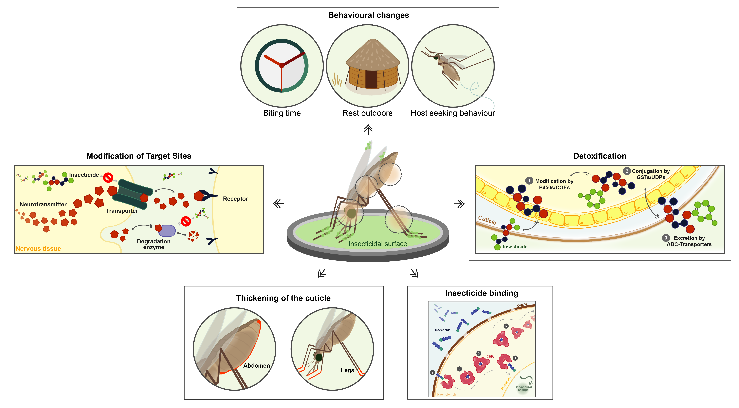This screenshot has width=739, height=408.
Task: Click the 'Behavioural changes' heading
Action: tap(368, 15)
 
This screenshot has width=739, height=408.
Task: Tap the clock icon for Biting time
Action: tap(282, 66)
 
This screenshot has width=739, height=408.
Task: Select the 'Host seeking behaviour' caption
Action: tap(453, 113)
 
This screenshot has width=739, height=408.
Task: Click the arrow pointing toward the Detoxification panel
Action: tap(459, 204)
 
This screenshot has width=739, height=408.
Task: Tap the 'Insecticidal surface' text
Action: tap(378, 244)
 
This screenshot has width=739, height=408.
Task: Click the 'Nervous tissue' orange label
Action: tap(38, 249)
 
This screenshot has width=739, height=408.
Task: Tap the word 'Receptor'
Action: tap(235, 199)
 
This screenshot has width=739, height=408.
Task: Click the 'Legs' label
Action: tap(347, 370)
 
